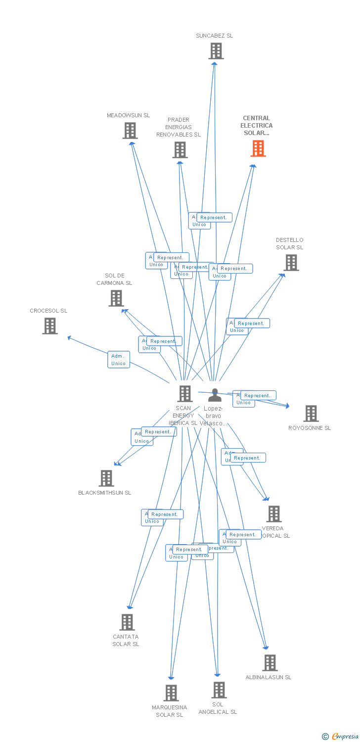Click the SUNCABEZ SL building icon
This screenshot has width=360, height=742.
pos(216,51)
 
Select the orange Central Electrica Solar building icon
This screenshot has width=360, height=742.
pos(258,148)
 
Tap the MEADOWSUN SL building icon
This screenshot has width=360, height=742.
pos(130,131)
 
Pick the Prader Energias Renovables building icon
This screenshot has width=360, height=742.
pos(180,149)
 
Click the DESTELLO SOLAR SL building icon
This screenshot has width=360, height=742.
pos(291,263)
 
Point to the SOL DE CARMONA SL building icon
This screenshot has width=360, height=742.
pos(116,298)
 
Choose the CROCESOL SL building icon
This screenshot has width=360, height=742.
pos(49,326)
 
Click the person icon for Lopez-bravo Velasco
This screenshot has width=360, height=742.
pos(215,395)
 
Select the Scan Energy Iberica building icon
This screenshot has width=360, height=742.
pos(185,394)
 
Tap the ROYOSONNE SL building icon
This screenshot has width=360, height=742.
pos(311,413)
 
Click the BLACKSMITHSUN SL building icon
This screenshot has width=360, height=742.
pos(106,478)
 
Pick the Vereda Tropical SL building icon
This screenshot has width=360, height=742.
pos(274,514)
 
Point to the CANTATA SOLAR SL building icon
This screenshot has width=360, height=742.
pos(127,622)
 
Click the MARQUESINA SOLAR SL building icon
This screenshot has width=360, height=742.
pos(171,693)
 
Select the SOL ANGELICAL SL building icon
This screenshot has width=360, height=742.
pos(219,690)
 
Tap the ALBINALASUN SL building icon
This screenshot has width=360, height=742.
pos(270,663)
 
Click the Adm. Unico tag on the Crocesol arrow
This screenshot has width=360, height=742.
pos(119,360)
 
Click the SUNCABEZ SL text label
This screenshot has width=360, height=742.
pos(214,36)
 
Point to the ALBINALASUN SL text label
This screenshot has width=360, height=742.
pos(269,677)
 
